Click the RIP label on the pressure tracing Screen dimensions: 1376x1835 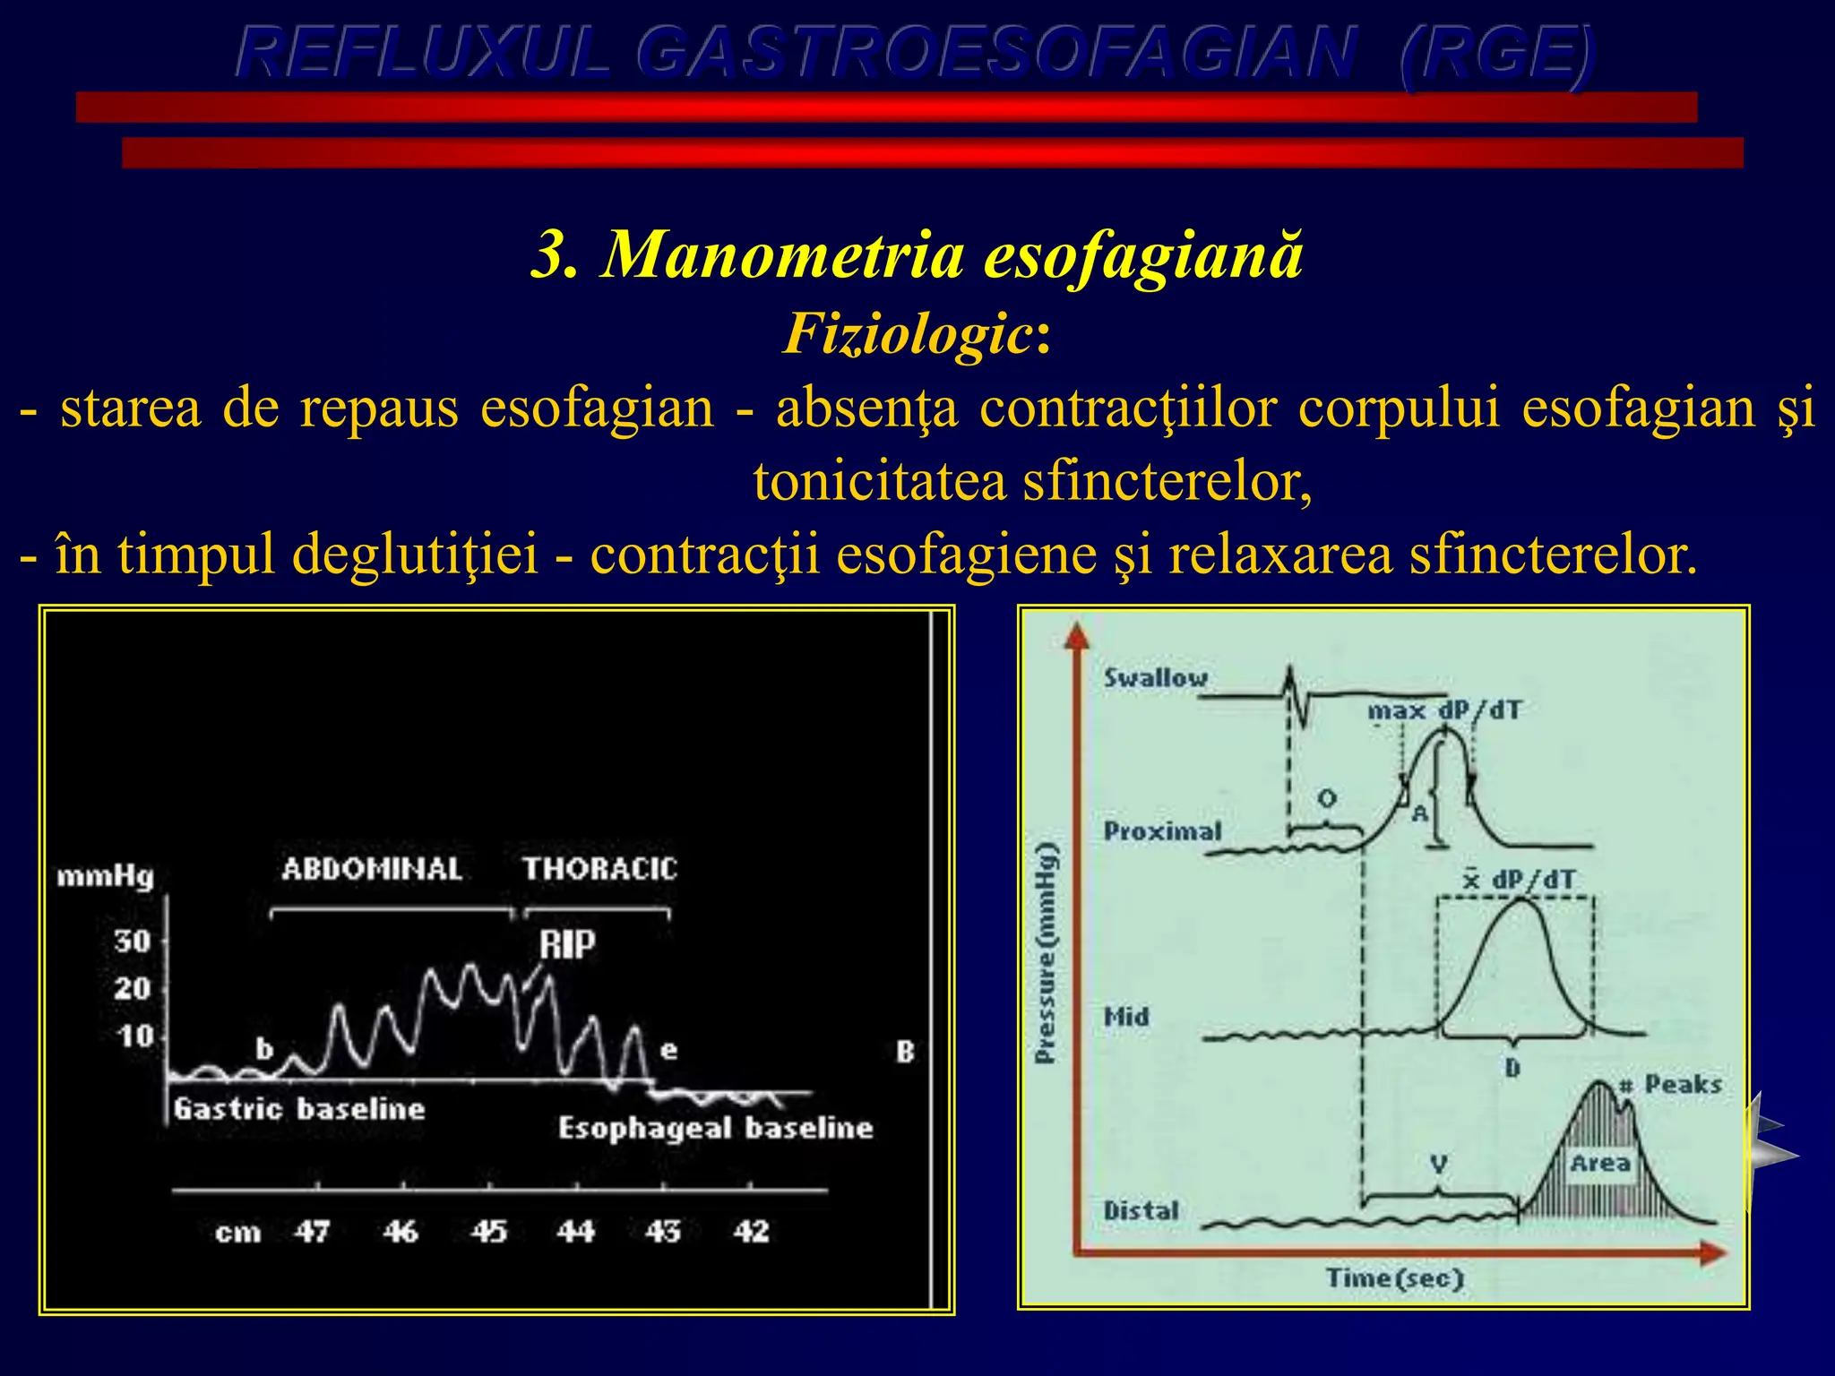pos(566,944)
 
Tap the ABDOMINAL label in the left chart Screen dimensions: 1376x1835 pos(372,869)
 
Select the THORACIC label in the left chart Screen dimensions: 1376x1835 pos(599,869)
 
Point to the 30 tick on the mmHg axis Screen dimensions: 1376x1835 pos(133,942)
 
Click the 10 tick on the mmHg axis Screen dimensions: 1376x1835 pos(135,1036)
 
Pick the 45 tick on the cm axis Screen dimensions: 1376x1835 pos(489,1232)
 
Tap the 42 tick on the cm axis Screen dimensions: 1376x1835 pos(751,1232)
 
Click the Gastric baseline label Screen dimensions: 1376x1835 pos(299,1109)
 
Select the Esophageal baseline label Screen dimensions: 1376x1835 pos(715,1128)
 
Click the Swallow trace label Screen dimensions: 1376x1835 pos(1156,678)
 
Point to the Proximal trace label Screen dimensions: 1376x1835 pos(1162,831)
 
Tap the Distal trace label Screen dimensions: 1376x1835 pos(1141,1211)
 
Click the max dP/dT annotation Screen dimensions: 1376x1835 pos(1444,711)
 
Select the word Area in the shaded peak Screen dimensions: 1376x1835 pos(1600,1164)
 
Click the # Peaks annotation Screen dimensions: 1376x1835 pos(1671,1085)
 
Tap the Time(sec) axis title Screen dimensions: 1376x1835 pos(1395,1277)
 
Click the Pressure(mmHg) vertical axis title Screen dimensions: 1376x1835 pos(1046,953)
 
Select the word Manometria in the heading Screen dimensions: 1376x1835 pos(783,254)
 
